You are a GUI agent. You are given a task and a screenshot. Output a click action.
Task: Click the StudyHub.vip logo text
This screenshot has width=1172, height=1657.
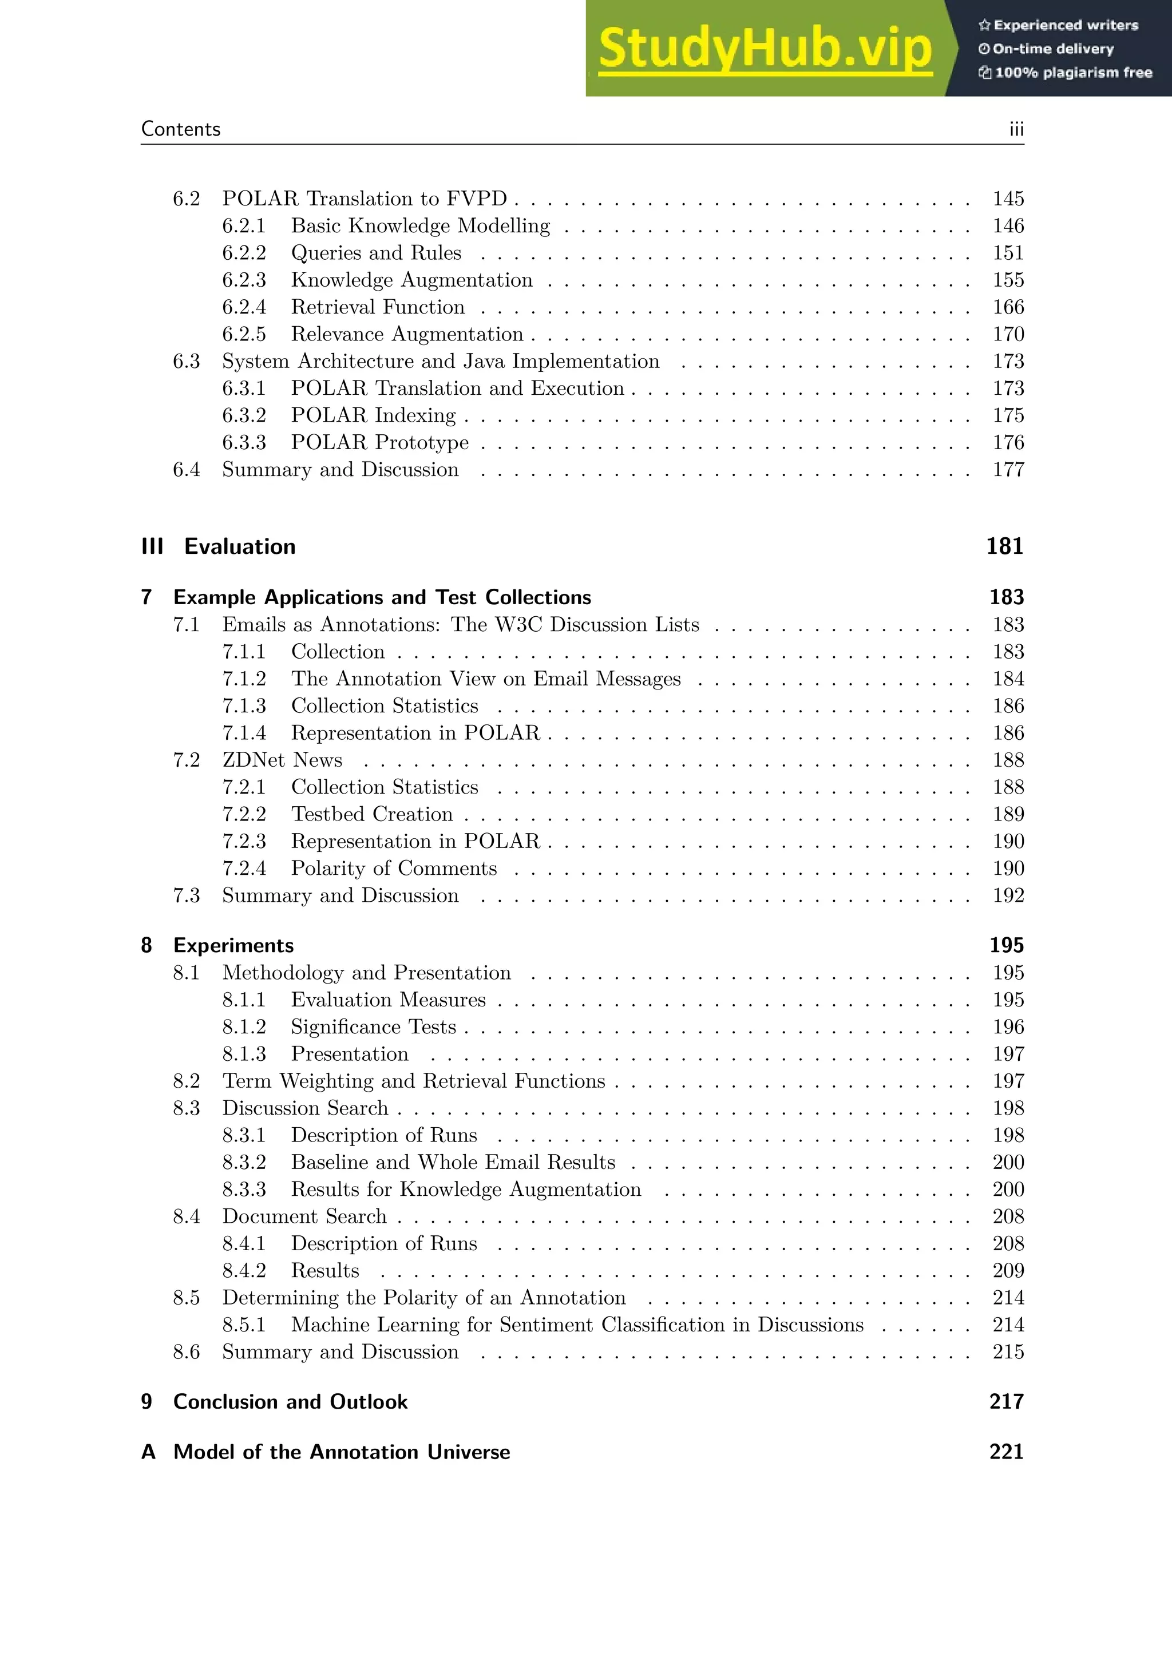click(x=765, y=49)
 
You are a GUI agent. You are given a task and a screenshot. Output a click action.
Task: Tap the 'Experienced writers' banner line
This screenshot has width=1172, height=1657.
click(x=1058, y=25)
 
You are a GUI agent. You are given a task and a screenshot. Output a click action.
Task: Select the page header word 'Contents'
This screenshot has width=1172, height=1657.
click(x=180, y=129)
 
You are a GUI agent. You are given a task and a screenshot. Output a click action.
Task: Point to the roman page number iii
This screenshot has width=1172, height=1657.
click(x=1016, y=129)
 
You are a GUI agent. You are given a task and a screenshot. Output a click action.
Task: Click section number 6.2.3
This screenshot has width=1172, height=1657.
click(x=244, y=280)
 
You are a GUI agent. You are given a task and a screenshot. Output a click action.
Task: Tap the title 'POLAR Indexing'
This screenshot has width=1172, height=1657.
click(x=373, y=416)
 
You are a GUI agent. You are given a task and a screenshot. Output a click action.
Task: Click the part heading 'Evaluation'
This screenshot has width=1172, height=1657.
click(x=240, y=546)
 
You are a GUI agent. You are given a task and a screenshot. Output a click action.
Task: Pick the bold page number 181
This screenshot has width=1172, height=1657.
click(x=1004, y=546)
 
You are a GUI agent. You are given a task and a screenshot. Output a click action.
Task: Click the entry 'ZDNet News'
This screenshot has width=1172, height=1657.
click(x=282, y=760)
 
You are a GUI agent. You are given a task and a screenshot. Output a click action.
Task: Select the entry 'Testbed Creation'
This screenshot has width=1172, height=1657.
click(x=371, y=814)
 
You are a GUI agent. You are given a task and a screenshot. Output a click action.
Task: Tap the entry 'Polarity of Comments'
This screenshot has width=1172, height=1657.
click(x=394, y=868)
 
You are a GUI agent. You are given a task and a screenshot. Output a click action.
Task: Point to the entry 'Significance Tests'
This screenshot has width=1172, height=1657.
click(x=373, y=1027)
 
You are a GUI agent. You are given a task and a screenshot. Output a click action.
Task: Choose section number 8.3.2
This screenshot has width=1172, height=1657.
click(x=244, y=1162)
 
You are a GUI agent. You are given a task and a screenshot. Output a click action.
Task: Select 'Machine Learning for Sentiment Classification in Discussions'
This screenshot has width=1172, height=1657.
click(x=577, y=1325)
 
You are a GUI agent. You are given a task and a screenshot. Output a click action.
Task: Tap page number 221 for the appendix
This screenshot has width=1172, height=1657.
click(x=1006, y=1452)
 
